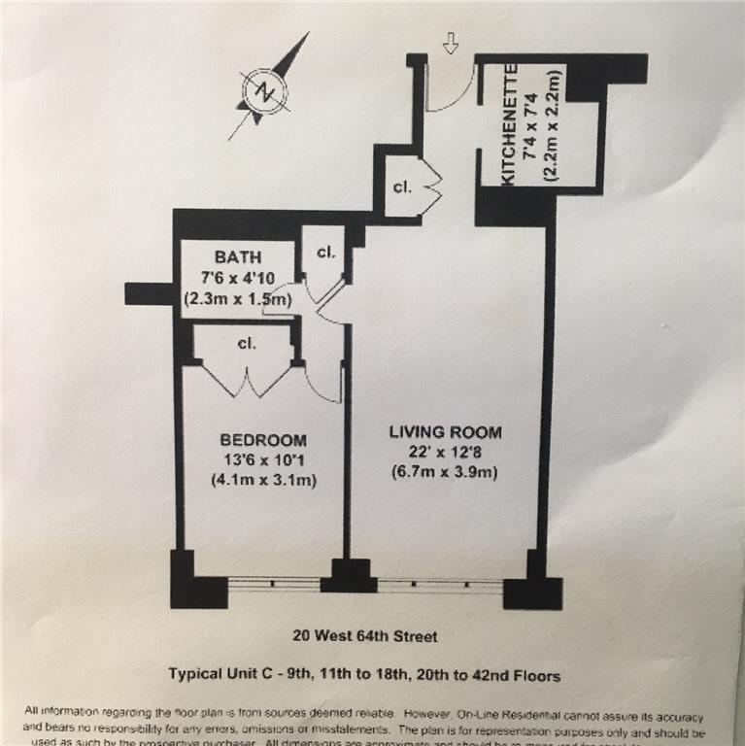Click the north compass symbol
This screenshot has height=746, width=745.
[264, 92]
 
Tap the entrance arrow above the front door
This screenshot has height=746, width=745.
[450, 44]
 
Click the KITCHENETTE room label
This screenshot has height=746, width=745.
[508, 123]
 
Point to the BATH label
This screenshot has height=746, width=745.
[238, 257]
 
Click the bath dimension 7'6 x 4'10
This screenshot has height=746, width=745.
[238, 279]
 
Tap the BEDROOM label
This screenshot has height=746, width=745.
[262, 439]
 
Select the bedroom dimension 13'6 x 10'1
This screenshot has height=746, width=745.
[262, 459]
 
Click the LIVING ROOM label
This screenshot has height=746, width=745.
[446, 432]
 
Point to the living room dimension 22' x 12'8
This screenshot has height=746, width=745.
[446, 453]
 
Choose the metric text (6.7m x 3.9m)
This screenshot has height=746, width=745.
[446, 473]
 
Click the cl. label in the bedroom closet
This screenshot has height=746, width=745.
[246, 343]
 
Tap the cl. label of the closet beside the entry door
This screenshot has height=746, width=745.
[402, 186]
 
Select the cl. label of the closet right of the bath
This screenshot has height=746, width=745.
[325, 252]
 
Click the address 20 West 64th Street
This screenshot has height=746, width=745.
[365, 637]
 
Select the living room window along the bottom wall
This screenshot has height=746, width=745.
[440, 586]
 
